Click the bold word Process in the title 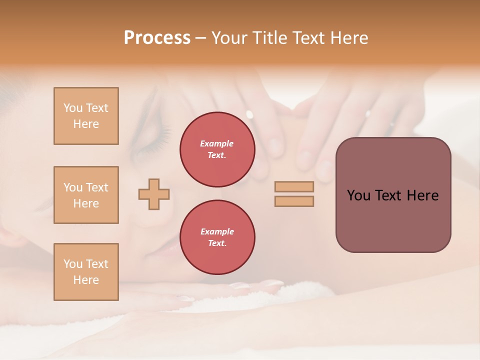pos(157,38)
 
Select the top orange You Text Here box pos(86,116)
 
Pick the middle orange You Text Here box pos(86,195)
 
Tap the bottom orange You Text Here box pos(86,272)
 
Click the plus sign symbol pos(154,194)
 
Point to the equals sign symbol pos(294,194)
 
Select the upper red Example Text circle pos(217,149)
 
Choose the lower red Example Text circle pos(217,237)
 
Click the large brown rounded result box pos(393,195)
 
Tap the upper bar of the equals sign pos(294,187)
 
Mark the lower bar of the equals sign pos(294,201)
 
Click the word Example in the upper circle pos(217,143)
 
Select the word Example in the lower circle pos(217,231)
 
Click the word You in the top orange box pos(73,108)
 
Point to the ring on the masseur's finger pos(368,114)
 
